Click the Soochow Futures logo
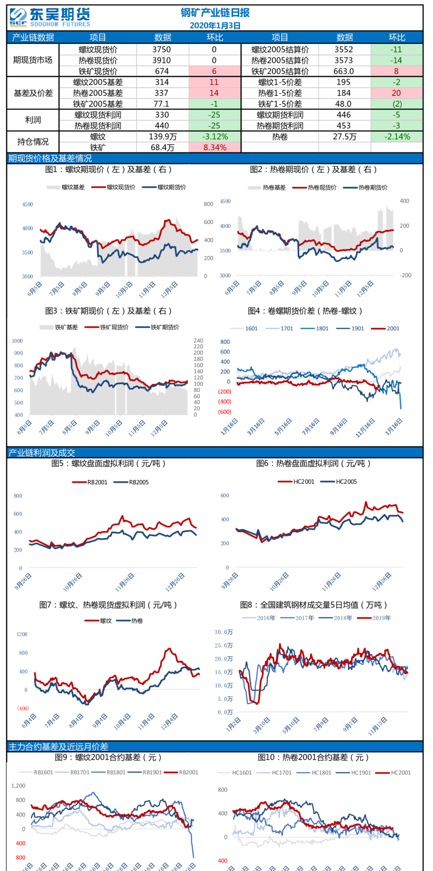pos(50,17)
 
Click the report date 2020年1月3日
pos(215,25)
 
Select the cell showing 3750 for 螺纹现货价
pos(162,49)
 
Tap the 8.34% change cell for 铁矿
pos(214,147)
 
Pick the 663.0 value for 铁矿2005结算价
pos(344,71)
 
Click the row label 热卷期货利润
pos(280,125)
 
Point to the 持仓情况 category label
pos(33,142)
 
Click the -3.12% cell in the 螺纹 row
pos(214,136)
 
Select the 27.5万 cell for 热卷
pos(344,136)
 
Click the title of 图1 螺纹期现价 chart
pos(108,170)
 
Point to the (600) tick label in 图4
pos(225,412)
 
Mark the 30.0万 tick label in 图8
pos(224,632)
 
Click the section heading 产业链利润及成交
pos(42,453)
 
